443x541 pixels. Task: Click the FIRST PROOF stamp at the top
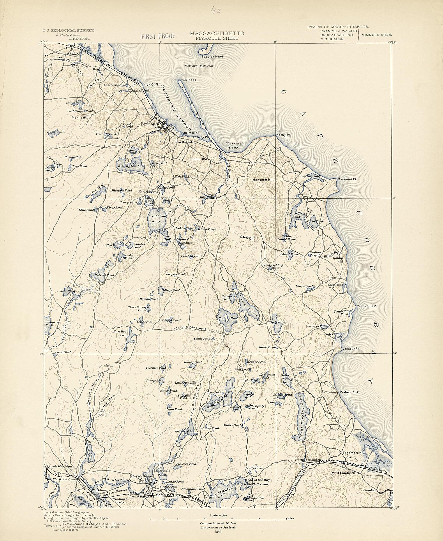159,36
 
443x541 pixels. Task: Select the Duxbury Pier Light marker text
200,66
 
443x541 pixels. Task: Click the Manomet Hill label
263,180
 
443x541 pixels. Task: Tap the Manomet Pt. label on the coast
347,179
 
